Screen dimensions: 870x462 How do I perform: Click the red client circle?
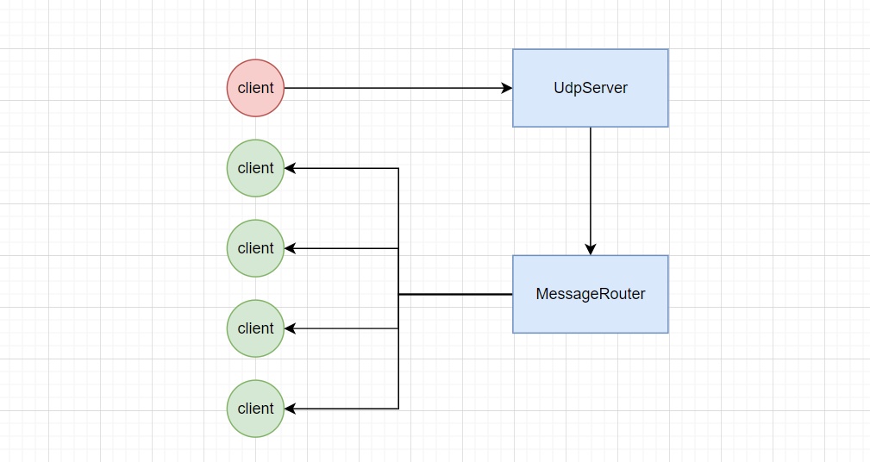point(255,88)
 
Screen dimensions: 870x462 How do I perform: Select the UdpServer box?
point(591,88)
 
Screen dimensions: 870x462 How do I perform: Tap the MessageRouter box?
point(591,294)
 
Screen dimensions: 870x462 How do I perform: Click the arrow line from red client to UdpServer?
point(397,88)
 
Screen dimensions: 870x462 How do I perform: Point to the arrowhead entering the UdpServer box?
point(507,88)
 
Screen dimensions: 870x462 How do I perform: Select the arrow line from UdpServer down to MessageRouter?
point(591,191)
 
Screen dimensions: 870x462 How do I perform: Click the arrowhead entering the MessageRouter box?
point(591,249)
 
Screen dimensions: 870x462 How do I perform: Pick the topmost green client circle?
point(255,168)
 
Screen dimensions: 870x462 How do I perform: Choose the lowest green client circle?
point(255,409)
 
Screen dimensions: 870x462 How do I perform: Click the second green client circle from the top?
point(255,248)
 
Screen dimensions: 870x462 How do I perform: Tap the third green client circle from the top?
point(255,328)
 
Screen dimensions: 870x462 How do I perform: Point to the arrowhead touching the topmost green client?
point(291,168)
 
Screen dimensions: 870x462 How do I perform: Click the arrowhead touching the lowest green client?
point(291,409)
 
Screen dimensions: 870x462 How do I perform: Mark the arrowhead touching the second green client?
point(291,248)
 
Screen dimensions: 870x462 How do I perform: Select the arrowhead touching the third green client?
point(291,328)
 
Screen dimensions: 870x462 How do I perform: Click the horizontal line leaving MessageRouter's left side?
point(455,294)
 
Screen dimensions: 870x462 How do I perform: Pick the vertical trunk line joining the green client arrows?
point(398,289)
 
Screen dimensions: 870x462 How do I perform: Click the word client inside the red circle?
point(255,88)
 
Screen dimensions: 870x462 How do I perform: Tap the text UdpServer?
point(591,88)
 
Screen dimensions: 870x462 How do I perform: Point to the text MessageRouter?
point(591,294)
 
